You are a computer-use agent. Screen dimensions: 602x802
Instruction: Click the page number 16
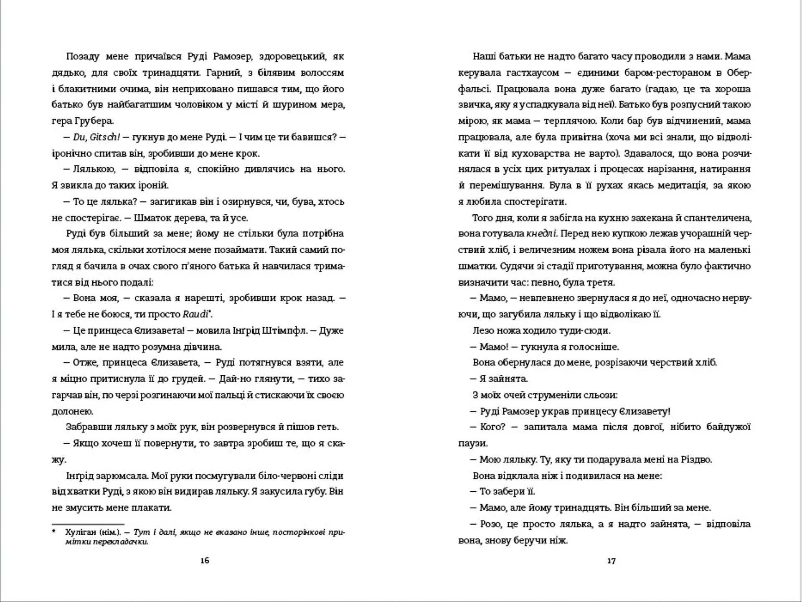tap(205, 561)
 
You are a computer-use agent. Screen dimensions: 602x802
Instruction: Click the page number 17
tap(611, 561)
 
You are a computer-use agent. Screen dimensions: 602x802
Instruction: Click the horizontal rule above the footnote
tap(88, 524)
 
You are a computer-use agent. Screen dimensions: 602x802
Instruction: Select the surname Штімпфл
tap(284, 331)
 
